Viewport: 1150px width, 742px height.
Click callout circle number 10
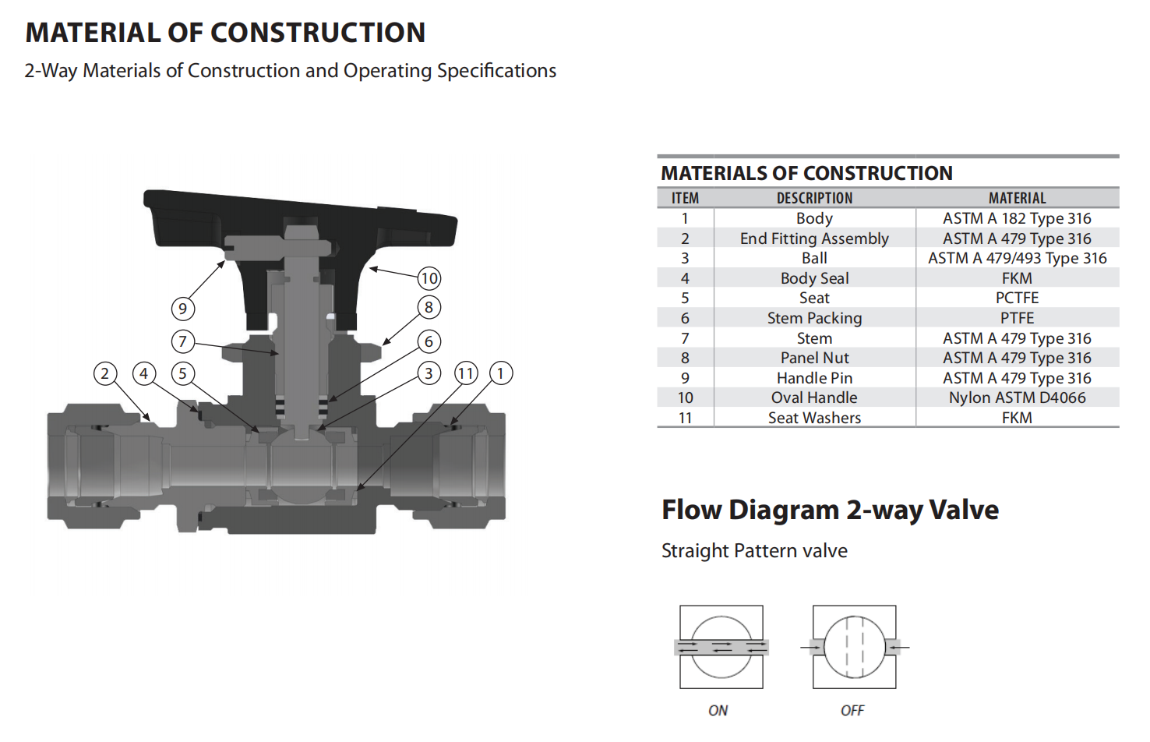click(x=429, y=278)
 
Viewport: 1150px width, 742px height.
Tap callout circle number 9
click(x=183, y=309)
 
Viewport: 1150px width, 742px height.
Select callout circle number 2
click(x=105, y=373)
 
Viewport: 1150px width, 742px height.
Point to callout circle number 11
click(x=466, y=373)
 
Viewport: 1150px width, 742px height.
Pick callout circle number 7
click(x=183, y=341)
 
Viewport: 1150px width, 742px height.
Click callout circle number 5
click(x=183, y=373)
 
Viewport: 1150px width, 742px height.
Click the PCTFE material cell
click(x=1017, y=298)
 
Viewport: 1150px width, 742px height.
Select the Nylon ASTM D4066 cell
click(x=1017, y=397)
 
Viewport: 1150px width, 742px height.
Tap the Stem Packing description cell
click(x=814, y=318)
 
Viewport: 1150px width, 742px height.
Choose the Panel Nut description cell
click(x=814, y=358)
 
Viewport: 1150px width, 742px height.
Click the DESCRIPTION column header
click(x=814, y=198)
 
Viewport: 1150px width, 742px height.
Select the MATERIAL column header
click(x=1017, y=198)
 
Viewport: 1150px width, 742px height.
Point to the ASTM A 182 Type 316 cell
click(x=1017, y=219)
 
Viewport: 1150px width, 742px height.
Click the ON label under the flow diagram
click(x=718, y=711)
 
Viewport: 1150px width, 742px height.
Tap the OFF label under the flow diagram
click(x=852, y=711)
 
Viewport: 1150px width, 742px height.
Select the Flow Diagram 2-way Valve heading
click(x=830, y=511)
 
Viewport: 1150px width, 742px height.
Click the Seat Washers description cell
click(x=814, y=418)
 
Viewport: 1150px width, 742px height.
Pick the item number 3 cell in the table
click(x=685, y=258)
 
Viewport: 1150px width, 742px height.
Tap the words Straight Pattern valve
click(x=754, y=551)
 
